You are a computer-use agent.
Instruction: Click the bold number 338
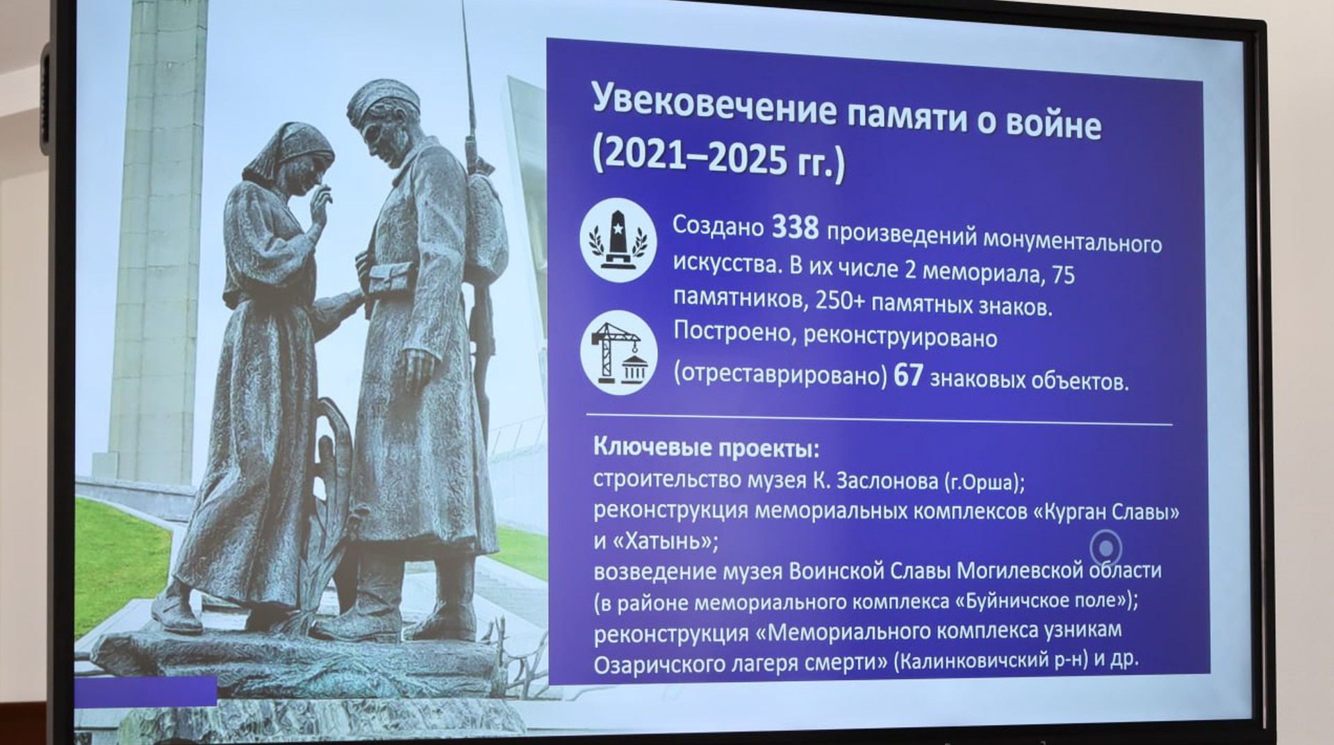[x=796, y=228]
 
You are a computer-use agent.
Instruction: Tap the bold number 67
[x=908, y=376]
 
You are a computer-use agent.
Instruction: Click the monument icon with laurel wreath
[x=618, y=240]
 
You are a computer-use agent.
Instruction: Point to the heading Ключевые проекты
[x=706, y=448]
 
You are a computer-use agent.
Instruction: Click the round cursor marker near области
[x=1105, y=549]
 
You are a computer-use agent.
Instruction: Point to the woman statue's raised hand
[x=320, y=205]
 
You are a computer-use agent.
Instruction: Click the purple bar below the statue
[x=146, y=692]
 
